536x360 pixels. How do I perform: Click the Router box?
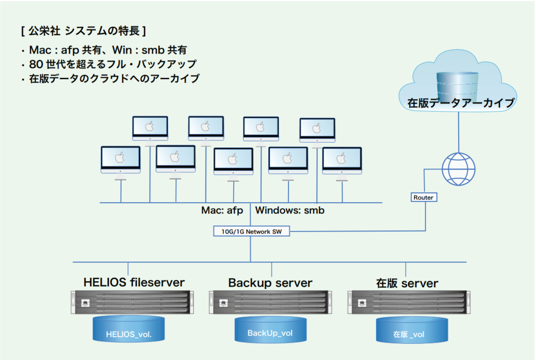(424, 197)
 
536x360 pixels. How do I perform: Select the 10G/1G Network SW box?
(251, 231)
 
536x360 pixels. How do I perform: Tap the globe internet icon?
(458, 169)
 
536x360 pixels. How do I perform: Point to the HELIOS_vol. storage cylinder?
(129, 329)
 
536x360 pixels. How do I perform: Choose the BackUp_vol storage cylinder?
(271, 329)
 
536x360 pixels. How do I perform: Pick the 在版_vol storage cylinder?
(412, 330)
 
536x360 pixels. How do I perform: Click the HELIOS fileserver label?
(134, 282)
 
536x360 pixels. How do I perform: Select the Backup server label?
(270, 283)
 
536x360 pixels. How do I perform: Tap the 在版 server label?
(407, 283)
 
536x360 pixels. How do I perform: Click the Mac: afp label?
(222, 211)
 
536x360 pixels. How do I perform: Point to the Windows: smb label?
(290, 210)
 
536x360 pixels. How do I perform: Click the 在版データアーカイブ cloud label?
(461, 103)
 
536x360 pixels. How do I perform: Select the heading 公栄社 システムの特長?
(84, 31)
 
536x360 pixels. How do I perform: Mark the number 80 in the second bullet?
(36, 64)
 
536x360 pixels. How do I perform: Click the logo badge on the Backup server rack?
(223, 303)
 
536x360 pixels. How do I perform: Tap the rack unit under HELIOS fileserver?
(132, 302)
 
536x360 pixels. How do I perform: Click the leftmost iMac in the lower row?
(121, 163)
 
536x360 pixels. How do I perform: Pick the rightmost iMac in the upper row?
(317, 133)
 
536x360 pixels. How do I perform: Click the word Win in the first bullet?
(122, 50)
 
